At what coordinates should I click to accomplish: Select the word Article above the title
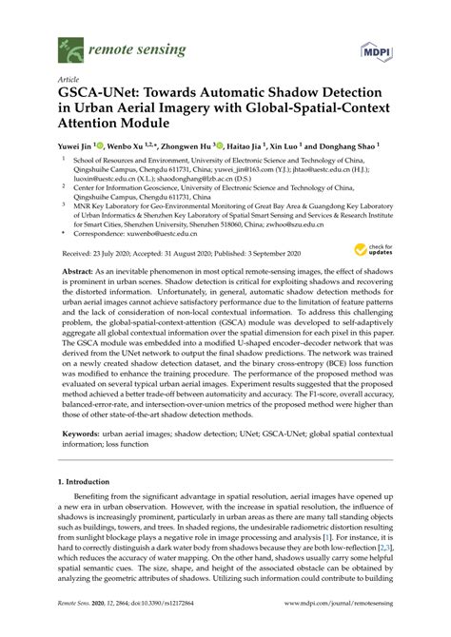69,80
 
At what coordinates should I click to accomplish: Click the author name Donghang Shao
345,147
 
